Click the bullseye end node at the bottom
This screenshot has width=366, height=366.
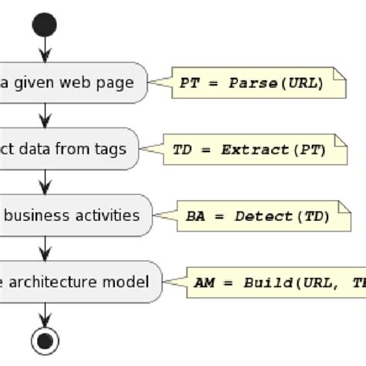46,340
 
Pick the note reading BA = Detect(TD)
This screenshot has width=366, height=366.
259,217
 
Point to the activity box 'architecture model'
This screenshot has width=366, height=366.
77,282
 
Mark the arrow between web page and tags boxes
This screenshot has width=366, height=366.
46,116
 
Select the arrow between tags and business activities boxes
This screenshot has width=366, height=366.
46,182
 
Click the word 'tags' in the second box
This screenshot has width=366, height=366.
110,149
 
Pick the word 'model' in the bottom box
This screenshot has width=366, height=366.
128,282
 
